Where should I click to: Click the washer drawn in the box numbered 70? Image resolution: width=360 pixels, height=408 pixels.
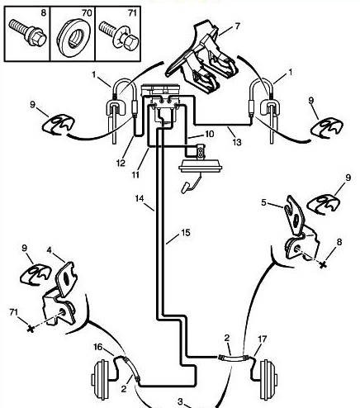pyautogui.click(x=73, y=38)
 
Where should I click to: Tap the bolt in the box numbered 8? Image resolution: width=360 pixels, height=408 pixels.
pyautogui.click(x=27, y=32)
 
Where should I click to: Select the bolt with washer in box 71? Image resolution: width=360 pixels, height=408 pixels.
pyautogui.click(x=118, y=35)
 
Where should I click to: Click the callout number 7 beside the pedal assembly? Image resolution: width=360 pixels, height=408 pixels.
pyautogui.click(x=237, y=26)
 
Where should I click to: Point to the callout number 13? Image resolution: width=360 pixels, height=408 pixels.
pyautogui.click(x=237, y=142)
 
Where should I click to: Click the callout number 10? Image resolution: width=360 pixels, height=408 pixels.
pyautogui.click(x=209, y=134)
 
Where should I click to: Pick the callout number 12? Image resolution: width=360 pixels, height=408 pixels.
pyautogui.click(x=121, y=163)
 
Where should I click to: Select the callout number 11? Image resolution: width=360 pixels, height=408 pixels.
pyautogui.click(x=135, y=174)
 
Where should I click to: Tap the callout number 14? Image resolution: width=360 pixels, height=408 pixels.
pyautogui.click(x=140, y=198)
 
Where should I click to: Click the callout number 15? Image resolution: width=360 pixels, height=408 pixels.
pyautogui.click(x=186, y=233)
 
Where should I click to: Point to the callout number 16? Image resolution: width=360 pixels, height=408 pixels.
pyautogui.click(x=98, y=347)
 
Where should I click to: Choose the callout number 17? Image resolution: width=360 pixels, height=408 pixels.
pyautogui.click(x=262, y=339)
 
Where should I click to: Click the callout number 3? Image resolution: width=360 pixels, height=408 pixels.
pyautogui.click(x=180, y=401)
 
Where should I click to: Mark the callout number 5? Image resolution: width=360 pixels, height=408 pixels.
pyautogui.click(x=263, y=202)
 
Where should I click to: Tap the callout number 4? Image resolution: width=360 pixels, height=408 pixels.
pyautogui.click(x=50, y=250)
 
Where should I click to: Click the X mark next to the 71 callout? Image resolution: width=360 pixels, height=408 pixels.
pyautogui.click(x=31, y=329)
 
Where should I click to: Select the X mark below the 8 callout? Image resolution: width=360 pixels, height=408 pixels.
pyautogui.click(x=323, y=265)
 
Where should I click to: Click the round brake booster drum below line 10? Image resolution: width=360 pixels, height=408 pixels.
pyautogui.click(x=201, y=167)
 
